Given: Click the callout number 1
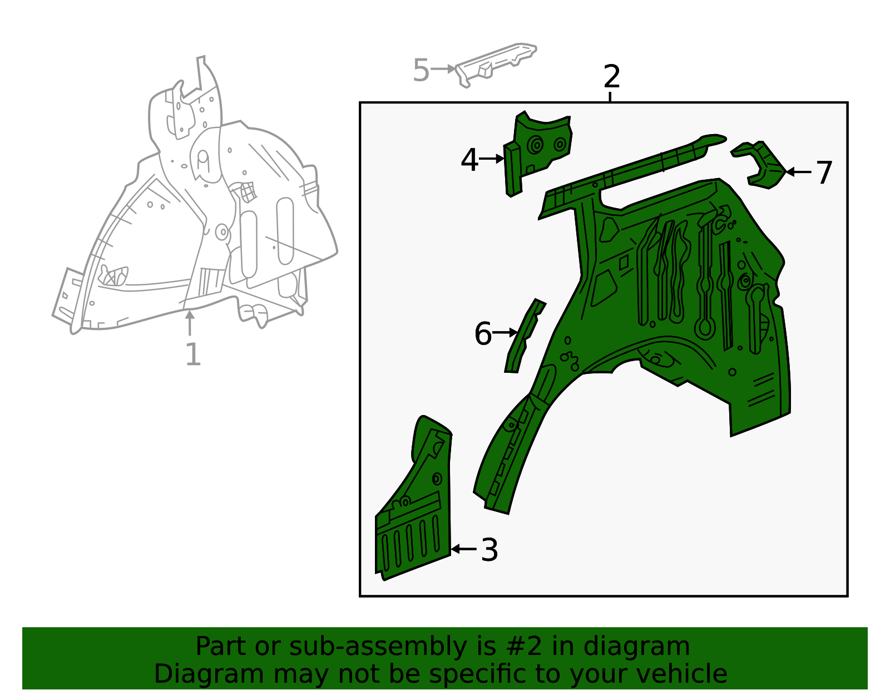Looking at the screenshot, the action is tap(194, 354).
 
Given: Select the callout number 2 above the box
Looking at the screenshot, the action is tap(611, 77).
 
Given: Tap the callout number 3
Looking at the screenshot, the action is tap(489, 550).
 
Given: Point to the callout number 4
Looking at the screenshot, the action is tap(469, 160).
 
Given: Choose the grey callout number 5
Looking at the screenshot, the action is tap(421, 70).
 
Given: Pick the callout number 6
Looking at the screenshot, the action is tap(483, 333).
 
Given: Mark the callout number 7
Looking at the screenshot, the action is tap(824, 173).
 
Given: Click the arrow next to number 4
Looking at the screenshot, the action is tap(492, 159).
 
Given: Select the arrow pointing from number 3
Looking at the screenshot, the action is tap(464, 549).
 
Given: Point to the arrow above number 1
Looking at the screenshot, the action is tap(189, 323).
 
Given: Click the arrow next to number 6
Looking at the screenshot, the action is tap(505, 333).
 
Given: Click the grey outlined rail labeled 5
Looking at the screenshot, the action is tap(496, 65).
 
